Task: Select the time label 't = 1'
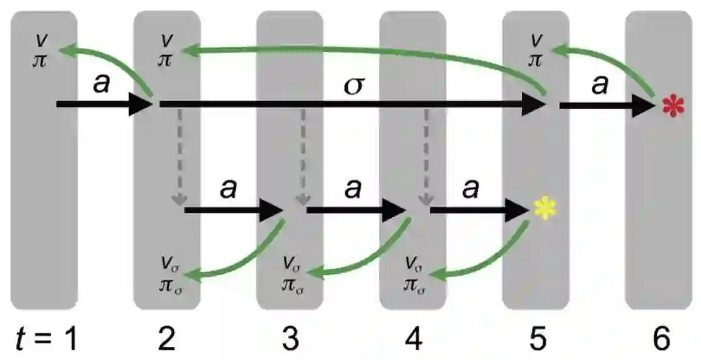pos(45,337)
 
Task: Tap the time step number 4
pos(413,337)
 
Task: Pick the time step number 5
pos(536,337)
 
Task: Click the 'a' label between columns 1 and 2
pos(102,85)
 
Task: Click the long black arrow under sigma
pos(350,104)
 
